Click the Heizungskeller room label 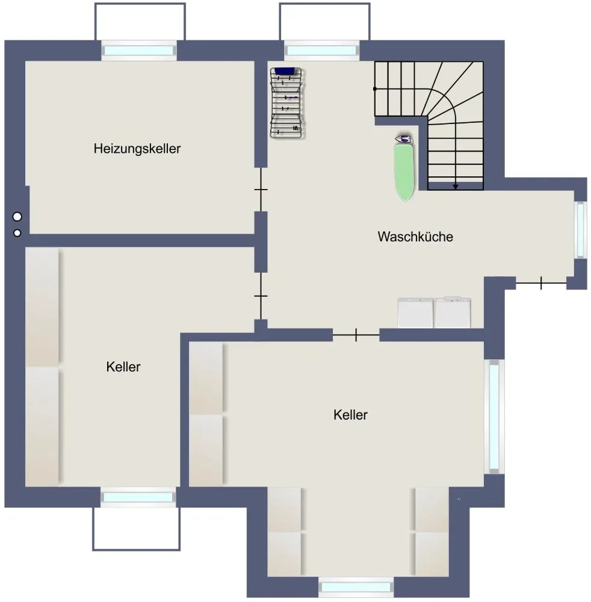[137, 149]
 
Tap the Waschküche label [415, 237]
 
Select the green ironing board [404, 172]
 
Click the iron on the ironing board [404, 138]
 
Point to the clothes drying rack [286, 103]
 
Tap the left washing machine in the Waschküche [415, 313]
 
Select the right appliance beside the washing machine [453, 312]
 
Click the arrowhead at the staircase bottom [456, 187]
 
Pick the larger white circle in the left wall [17, 217]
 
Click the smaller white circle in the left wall [17, 233]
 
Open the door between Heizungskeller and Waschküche [261, 190]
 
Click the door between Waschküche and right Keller [356, 335]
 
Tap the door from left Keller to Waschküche [261, 296]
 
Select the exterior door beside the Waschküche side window [541, 284]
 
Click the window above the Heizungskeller [139, 51]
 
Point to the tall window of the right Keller [494, 417]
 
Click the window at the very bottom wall [356, 587]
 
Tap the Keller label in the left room [123, 367]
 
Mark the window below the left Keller [138, 498]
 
